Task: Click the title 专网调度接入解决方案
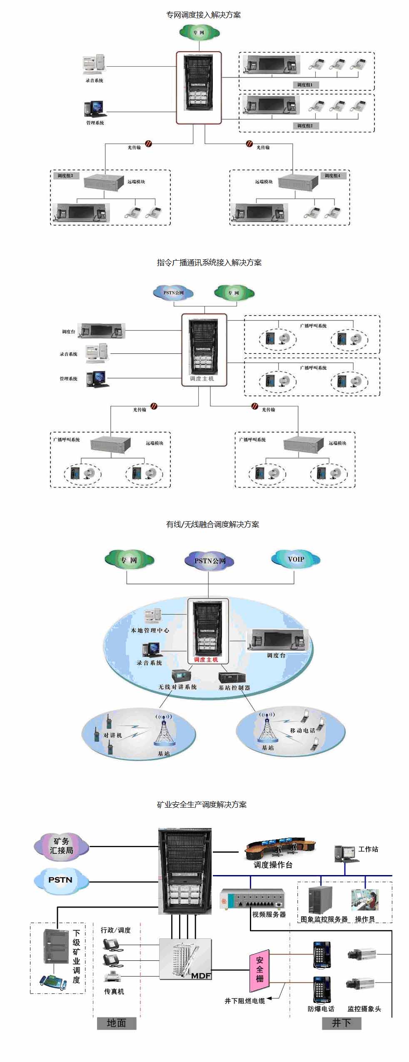click(x=203, y=15)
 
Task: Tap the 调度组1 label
click(x=305, y=85)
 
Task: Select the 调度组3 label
click(x=65, y=176)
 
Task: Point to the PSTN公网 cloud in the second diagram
click(x=173, y=293)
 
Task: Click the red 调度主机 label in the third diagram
click(x=206, y=659)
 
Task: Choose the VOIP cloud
click(x=296, y=559)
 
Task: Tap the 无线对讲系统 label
click(x=177, y=687)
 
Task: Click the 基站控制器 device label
click(x=234, y=688)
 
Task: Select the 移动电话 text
click(x=302, y=730)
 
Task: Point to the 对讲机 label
click(x=112, y=735)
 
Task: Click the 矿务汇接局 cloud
click(x=61, y=846)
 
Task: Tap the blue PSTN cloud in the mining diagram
click(x=61, y=880)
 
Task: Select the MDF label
click(x=201, y=975)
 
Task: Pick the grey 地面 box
click(x=117, y=1022)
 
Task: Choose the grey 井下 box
click(x=341, y=1022)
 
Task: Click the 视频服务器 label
click(x=269, y=915)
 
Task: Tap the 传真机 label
click(x=114, y=992)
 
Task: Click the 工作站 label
click(x=368, y=849)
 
